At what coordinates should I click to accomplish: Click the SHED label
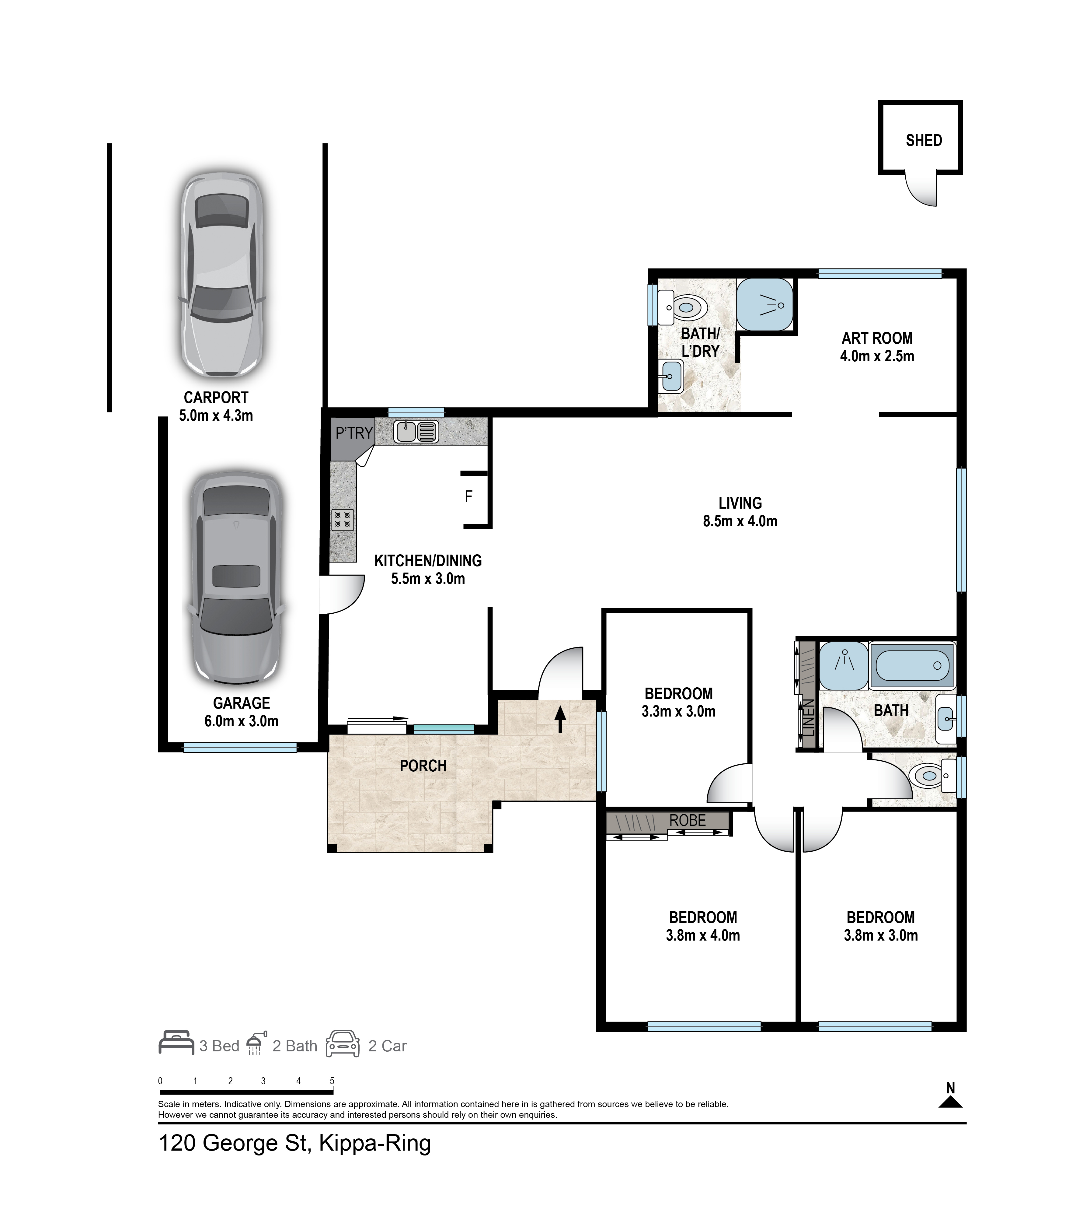pyautogui.click(x=924, y=141)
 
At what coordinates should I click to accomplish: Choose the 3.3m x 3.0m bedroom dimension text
pyautogui.click(x=679, y=711)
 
